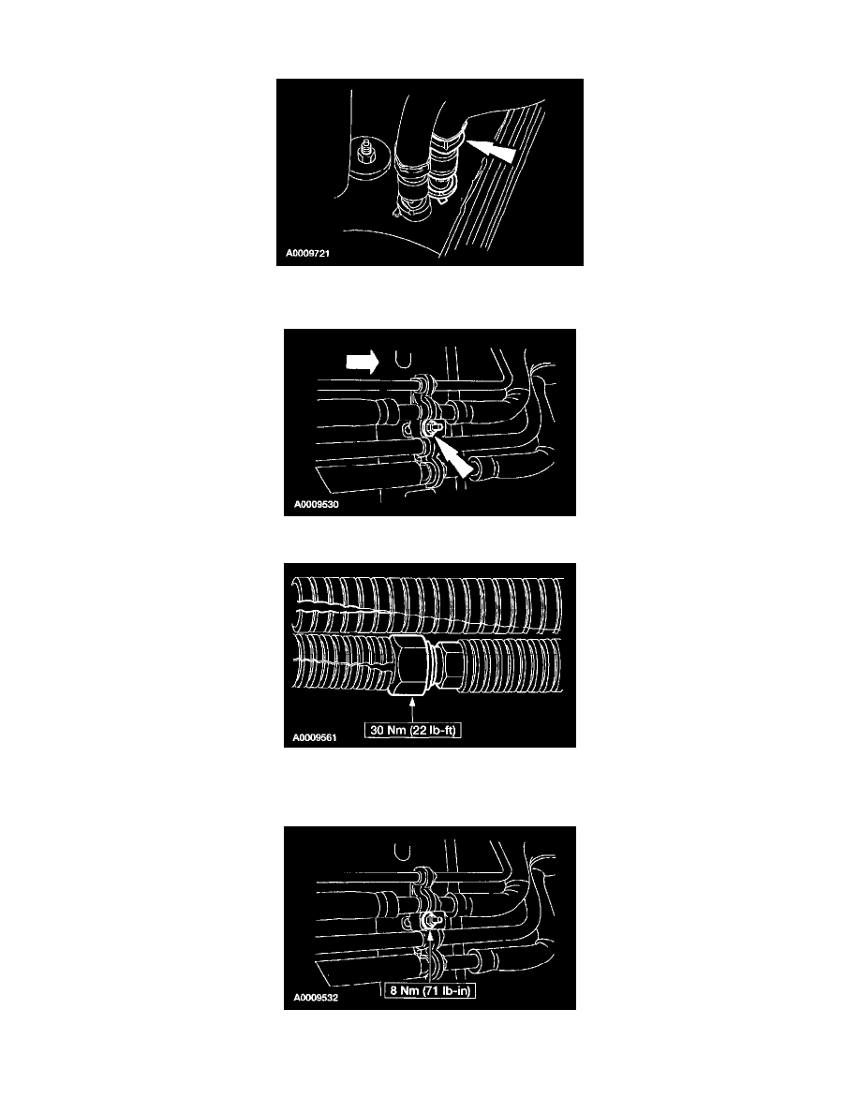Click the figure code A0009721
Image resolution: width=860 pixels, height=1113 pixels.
(308, 253)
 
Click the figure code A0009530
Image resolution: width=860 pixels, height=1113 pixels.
(317, 505)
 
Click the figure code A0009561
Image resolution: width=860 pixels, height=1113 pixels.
(315, 738)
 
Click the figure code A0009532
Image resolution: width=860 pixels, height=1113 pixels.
(316, 998)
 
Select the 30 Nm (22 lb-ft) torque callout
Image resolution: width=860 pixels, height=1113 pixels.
(413, 730)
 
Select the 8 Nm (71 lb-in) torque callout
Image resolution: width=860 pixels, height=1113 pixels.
(430, 990)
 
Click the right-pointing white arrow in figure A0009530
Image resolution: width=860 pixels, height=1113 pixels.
(363, 362)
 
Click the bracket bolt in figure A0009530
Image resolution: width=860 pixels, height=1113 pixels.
(432, 426)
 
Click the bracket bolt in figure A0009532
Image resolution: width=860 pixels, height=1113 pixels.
(431, 921)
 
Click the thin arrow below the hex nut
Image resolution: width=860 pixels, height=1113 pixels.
(412, 710)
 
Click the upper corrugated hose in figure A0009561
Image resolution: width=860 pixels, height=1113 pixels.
(428, 605)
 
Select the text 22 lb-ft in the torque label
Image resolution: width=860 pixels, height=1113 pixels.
(434, 730)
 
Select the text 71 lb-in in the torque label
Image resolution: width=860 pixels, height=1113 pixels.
(448, 990)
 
